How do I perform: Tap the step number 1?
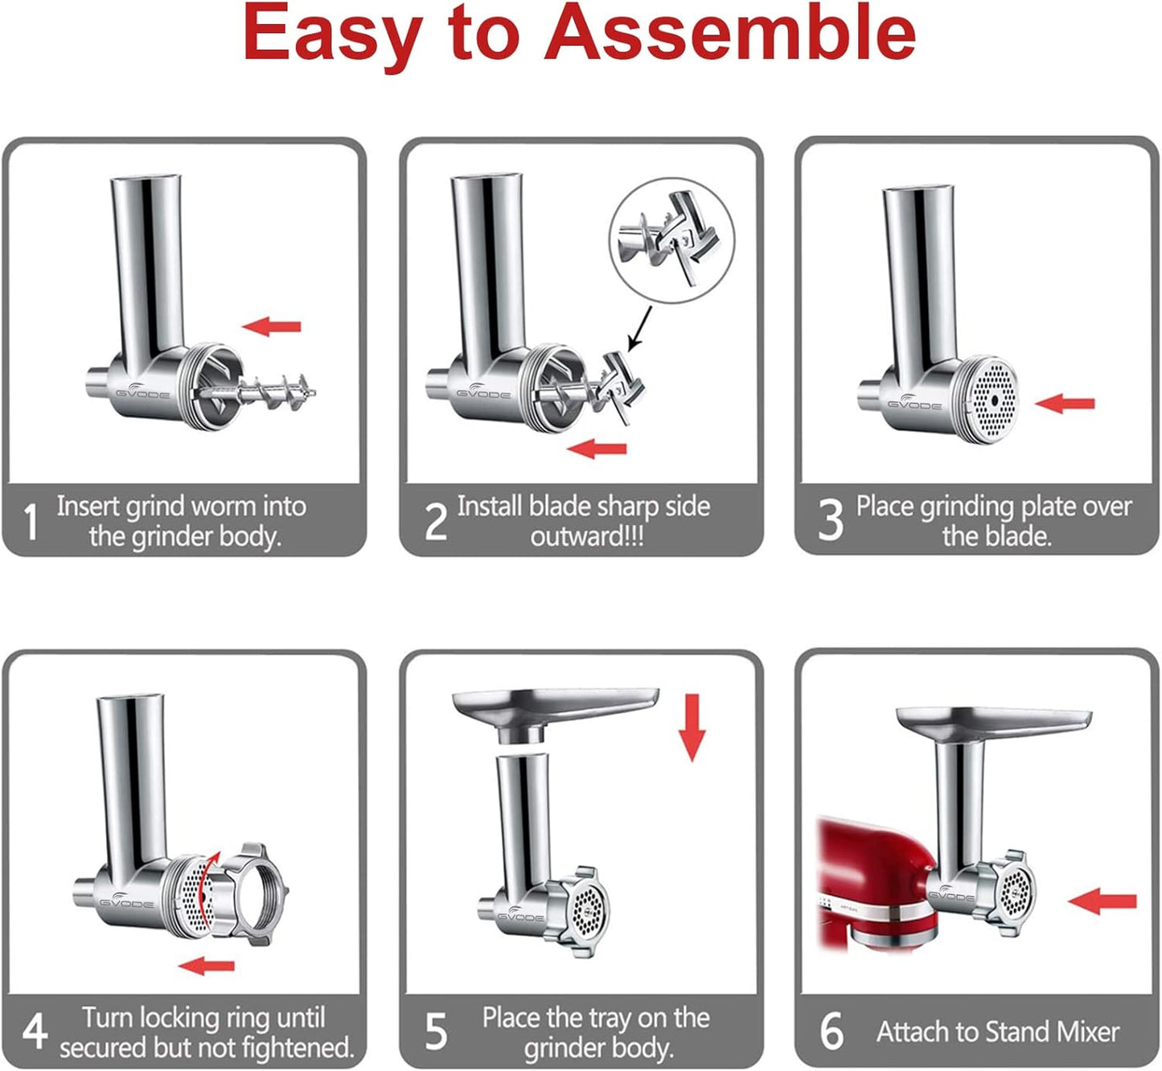tap(31, 522)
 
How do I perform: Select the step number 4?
tap(34, 1032)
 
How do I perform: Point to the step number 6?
tap(831, 1032)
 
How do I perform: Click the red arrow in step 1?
tap(272, 326)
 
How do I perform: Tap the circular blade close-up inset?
tap(671, 240)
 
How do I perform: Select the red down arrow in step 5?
tap(691, 728)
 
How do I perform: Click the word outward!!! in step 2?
tap(586, 536)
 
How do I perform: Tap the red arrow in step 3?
tap(1065, 404)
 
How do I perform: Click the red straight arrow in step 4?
tap(207, 965)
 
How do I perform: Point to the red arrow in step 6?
tap(1102, 901)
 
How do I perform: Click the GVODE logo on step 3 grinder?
tap(914, 404)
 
